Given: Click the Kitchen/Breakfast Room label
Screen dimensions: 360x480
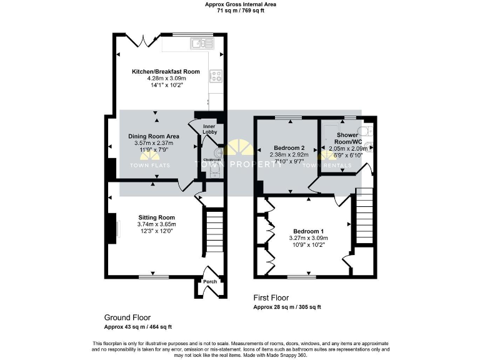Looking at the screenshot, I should tap(166, 72).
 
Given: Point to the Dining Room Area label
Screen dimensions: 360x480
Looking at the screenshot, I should tap(154, 136).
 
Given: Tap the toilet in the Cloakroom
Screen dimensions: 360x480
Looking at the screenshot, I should tap(217, 152).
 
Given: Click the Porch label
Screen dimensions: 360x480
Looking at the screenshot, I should tap(209, 282).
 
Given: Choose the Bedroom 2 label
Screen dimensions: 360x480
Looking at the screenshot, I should tap(289, 148).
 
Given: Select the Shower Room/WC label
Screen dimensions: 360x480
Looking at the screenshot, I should tap(347, 138).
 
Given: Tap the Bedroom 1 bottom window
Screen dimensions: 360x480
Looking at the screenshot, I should tap(301, 276).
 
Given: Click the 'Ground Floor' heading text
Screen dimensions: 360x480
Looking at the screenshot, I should tap(127, 317).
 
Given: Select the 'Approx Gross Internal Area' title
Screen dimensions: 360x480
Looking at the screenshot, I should tap(240, 4).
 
